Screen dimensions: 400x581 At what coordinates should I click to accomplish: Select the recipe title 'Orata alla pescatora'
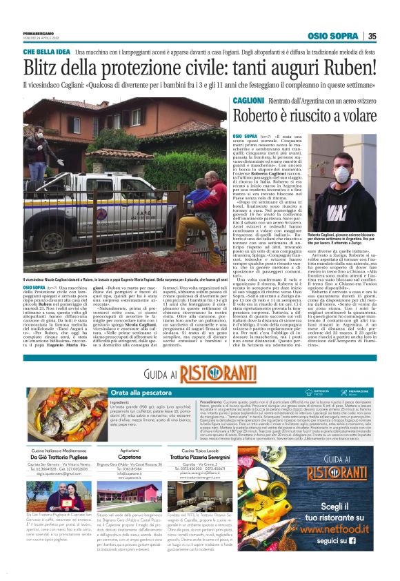[x=138, y=392]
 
